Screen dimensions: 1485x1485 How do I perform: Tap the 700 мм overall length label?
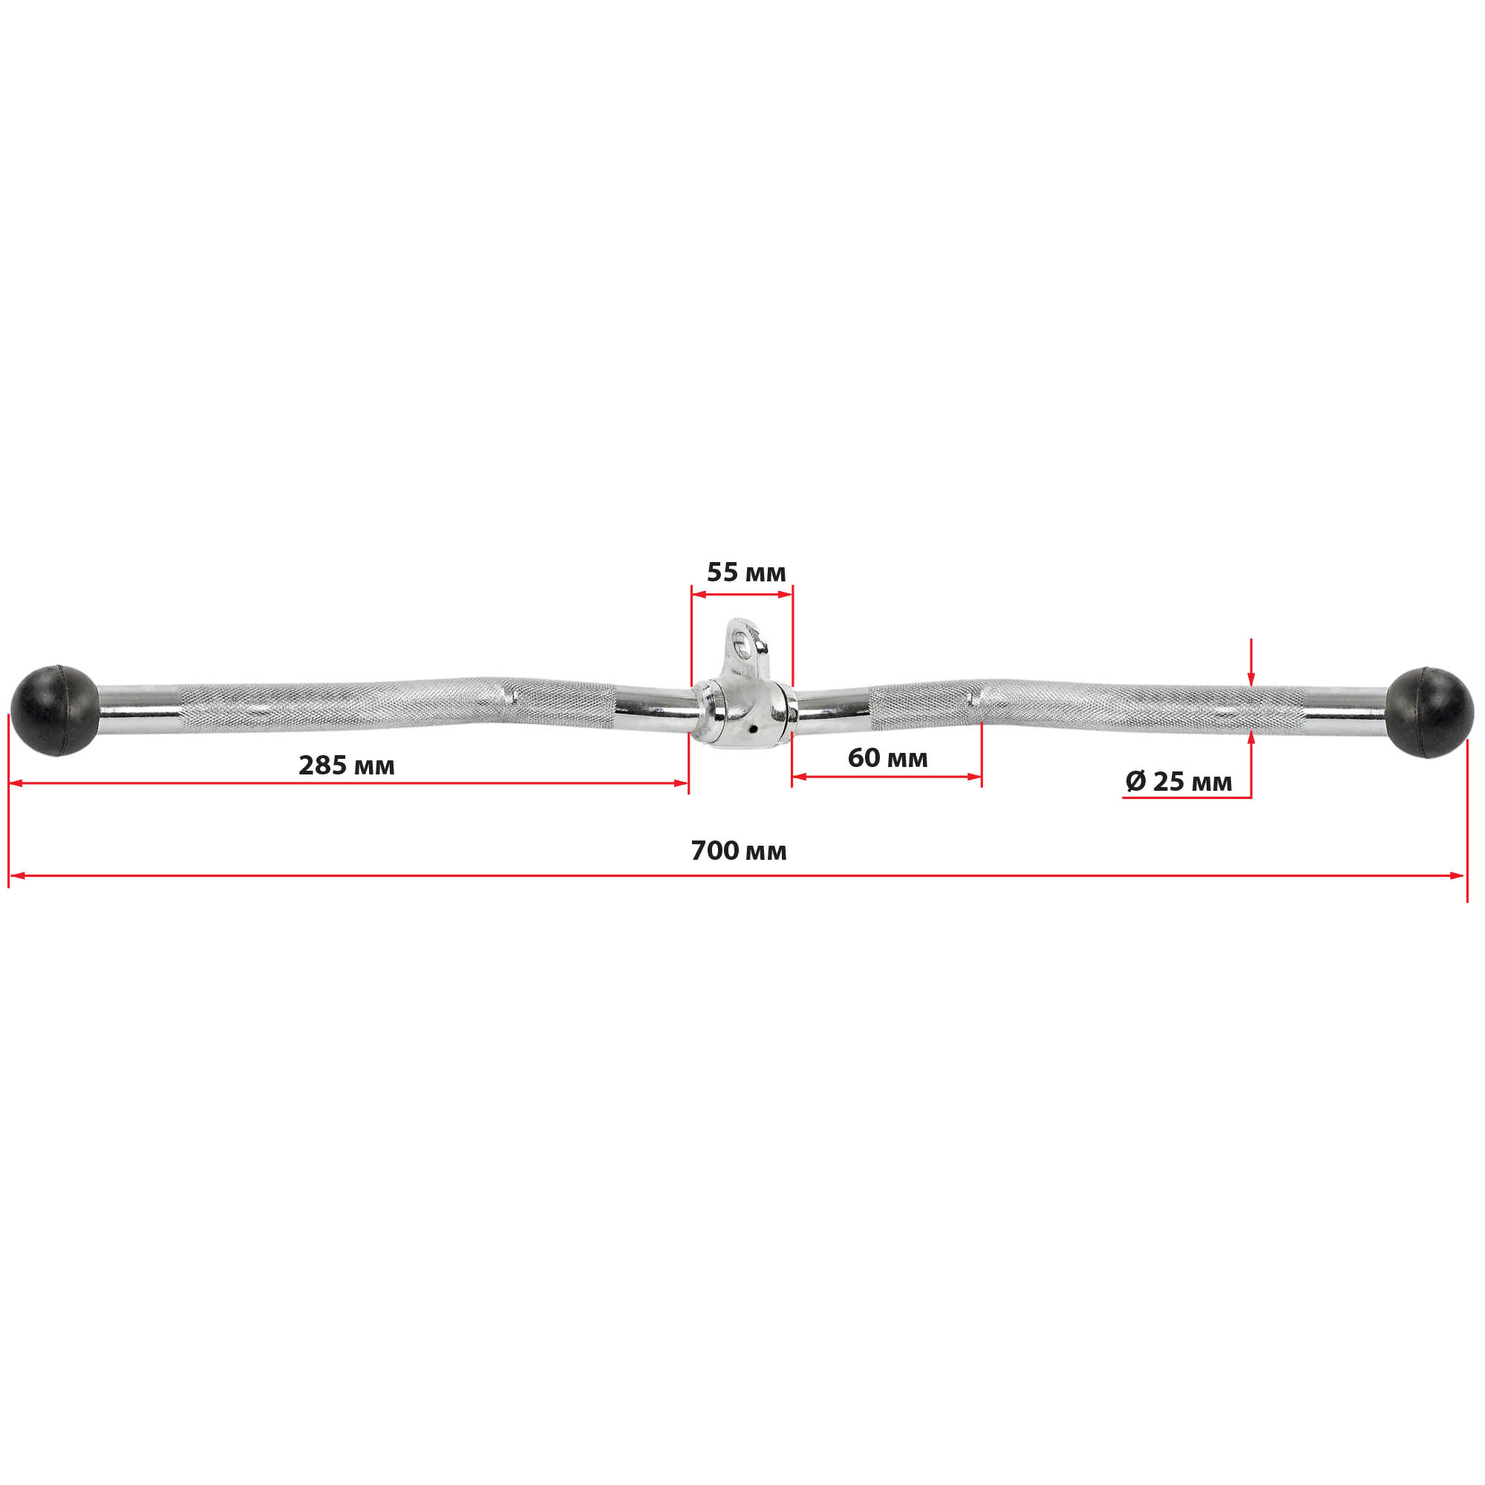739,851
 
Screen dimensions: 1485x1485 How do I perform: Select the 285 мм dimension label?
347,766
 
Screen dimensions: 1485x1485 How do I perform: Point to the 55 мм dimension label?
746,572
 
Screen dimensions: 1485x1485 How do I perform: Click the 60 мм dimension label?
888,758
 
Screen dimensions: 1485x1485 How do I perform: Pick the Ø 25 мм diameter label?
1179,782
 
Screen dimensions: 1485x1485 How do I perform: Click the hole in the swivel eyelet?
740,641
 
